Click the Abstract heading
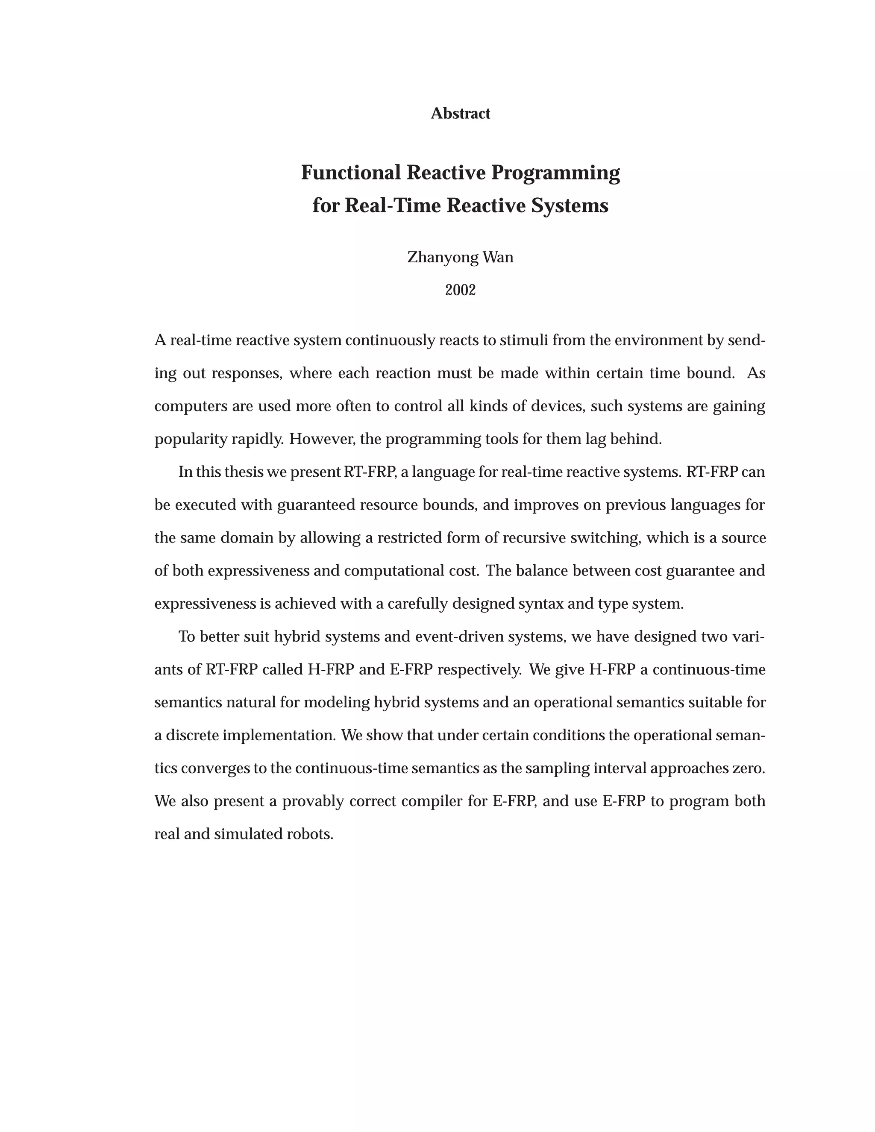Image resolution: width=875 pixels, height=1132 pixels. pyautogui.click(x=460, y=113)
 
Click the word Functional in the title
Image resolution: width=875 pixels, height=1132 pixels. pyautogui.click(x=351, y=173)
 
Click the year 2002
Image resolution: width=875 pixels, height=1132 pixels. pyautogui.click(x=460, y=290)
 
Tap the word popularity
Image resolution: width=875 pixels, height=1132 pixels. pyautogui.click(x=191, y=440)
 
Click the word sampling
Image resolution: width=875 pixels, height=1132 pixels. pyautogui.click(x=557, y=768)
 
